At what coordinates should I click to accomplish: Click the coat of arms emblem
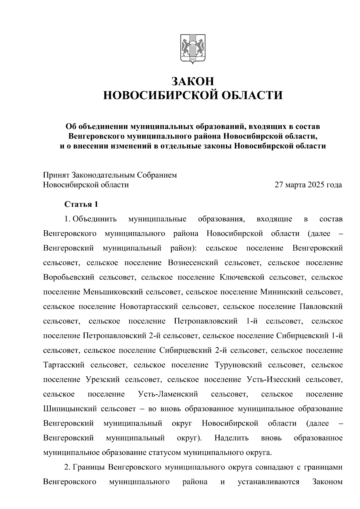[193, 49]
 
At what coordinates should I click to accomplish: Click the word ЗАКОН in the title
[193, 81]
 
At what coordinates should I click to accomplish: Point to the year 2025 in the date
[315, 185]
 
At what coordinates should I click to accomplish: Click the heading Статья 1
[81, 205]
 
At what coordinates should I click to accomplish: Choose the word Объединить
[94, 219]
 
